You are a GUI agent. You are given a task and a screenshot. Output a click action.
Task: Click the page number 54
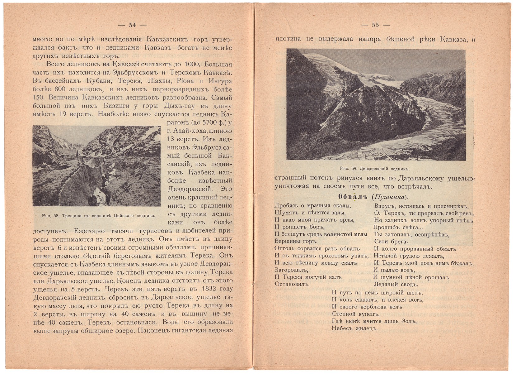point(132,26)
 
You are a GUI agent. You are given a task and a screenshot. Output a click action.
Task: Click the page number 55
point(375,25)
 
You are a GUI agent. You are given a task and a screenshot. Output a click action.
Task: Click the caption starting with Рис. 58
point(98,215)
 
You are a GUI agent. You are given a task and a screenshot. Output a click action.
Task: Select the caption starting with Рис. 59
point(375,169)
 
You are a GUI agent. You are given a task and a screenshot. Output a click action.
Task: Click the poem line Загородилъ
point(291,270)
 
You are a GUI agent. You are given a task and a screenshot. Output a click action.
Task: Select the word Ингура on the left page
point(221,81)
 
